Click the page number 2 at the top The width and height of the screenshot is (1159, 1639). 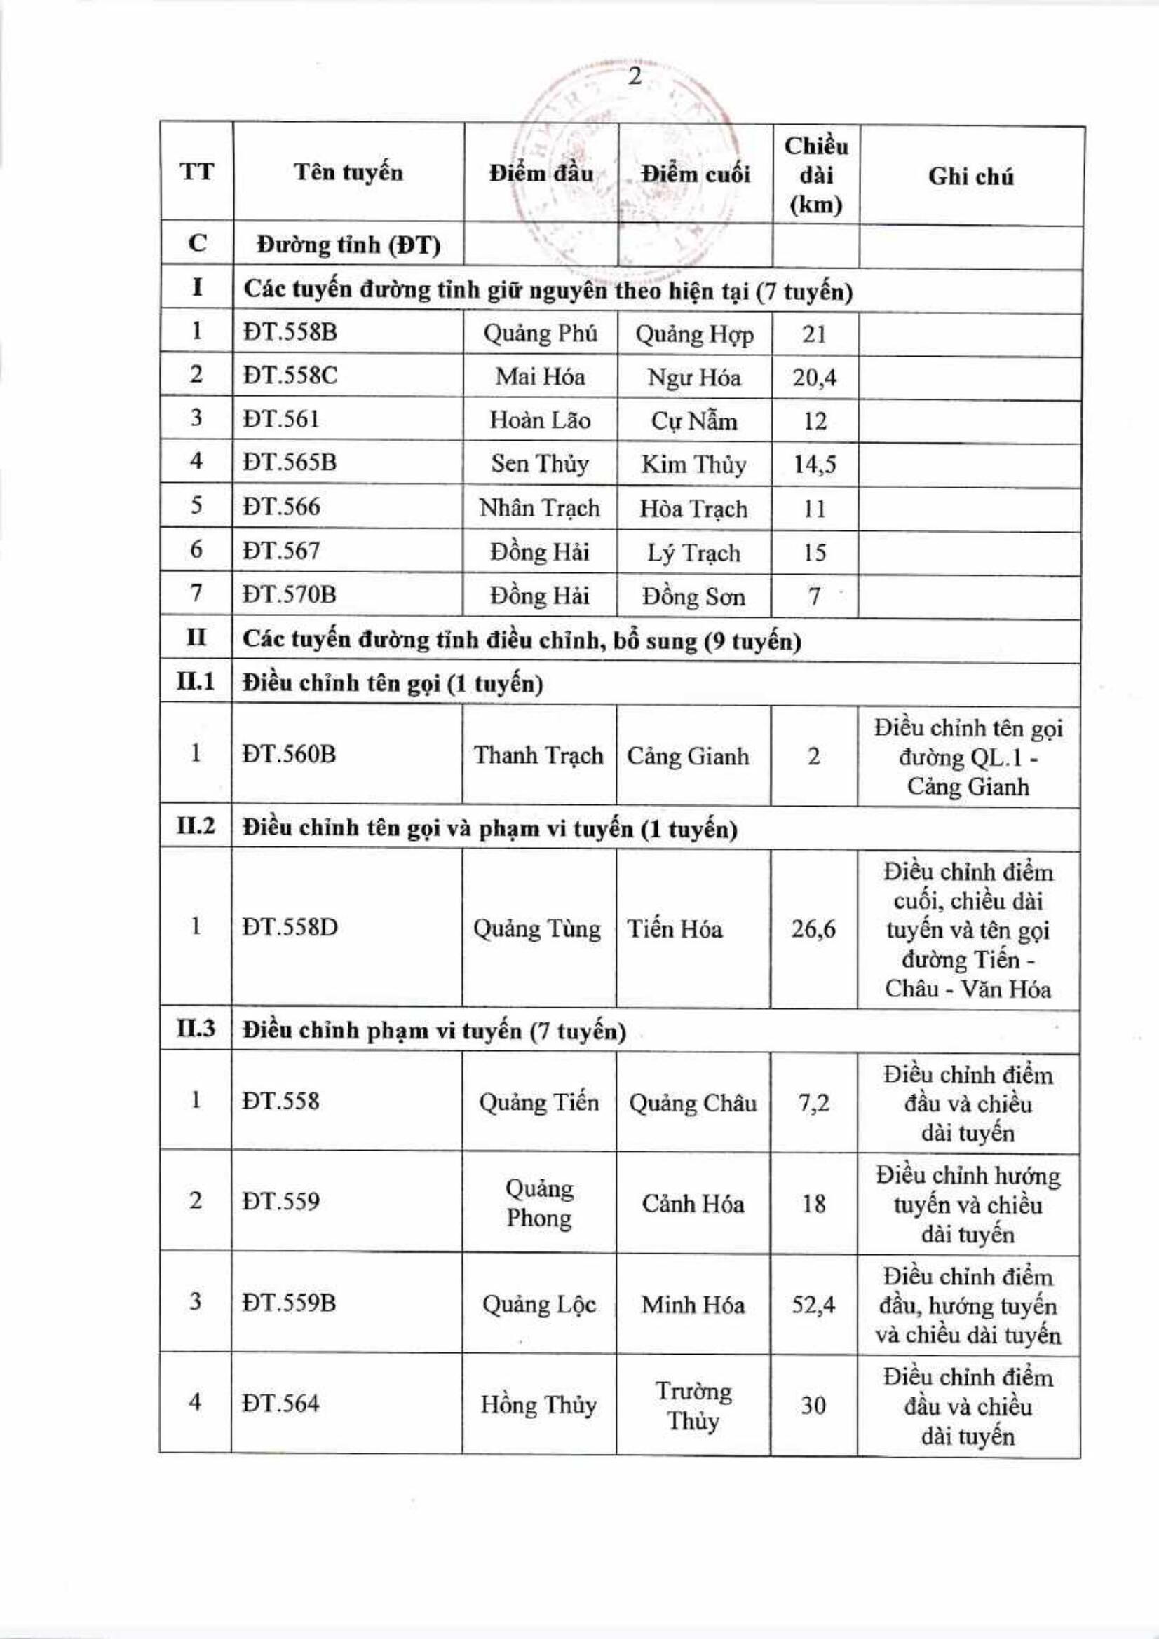pos(634,77)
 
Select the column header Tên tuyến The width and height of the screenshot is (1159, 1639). pos(348,173)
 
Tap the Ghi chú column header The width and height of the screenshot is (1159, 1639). pos(970,177)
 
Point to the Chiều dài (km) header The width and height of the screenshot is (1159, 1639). pos(815,176)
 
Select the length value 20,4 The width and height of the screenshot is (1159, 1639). pos(814,377)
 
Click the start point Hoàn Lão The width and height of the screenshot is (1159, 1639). pos(540,420)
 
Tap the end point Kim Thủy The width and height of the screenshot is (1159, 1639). pos(693,465)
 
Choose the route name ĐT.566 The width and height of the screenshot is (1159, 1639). pos(281,507)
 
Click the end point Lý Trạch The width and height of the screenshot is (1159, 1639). pos(693,552)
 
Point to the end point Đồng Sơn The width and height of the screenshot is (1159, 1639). pos(693,596)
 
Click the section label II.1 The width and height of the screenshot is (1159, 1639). pos(196,682)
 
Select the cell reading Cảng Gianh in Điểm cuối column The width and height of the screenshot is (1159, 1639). pos(688,756)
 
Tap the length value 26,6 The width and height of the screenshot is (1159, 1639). pos(813,929)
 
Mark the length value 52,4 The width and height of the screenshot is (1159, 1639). pos(813,1305)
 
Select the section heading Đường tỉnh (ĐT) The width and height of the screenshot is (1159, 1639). pos(348,245)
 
